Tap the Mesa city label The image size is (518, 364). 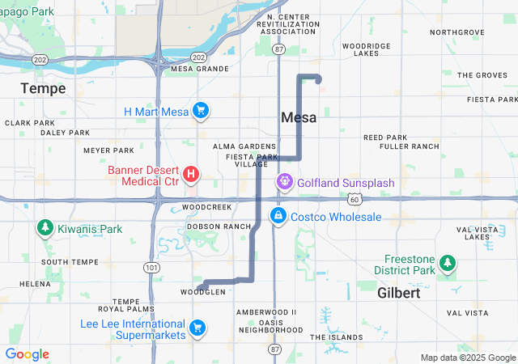tap(299, 118)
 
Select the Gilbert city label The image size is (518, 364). tap(399, 294)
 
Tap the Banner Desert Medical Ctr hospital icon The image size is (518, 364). tap(191, 174)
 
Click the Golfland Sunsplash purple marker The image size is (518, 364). tap(285, 183)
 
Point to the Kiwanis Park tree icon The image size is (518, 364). tap(45, 229)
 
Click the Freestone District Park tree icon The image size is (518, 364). tap(448, 263)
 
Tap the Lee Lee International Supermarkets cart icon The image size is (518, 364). tap(197, 328)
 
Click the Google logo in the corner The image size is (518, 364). tap(27, 354)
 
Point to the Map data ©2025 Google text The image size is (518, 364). tap(468, 358)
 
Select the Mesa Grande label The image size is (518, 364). tap(200, 69)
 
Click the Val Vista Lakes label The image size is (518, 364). tap(473, 233)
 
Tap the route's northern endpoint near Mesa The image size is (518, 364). tap(318, 79)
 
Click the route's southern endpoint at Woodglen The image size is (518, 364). tap(199, 287)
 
